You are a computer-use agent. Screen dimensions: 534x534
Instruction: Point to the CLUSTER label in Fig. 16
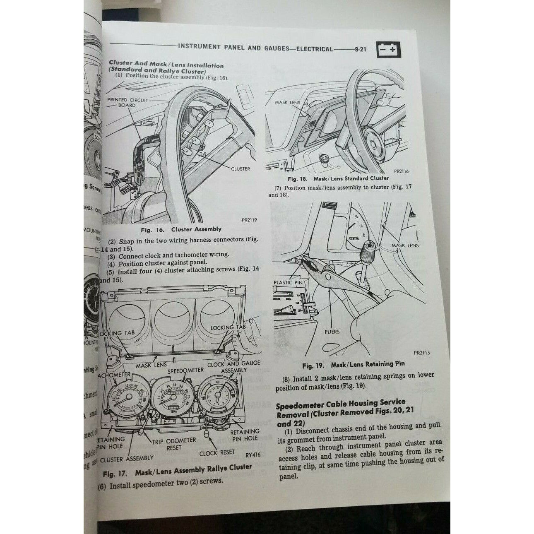241,169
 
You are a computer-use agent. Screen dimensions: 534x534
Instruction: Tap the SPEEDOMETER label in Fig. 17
186,370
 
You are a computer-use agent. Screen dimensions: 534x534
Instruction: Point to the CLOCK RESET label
217,453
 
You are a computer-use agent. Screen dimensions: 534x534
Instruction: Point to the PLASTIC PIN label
289,283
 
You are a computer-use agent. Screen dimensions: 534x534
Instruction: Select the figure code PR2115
422,353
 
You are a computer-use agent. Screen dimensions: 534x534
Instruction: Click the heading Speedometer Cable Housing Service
341,403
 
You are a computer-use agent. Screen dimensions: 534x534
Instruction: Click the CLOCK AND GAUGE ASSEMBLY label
233,367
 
